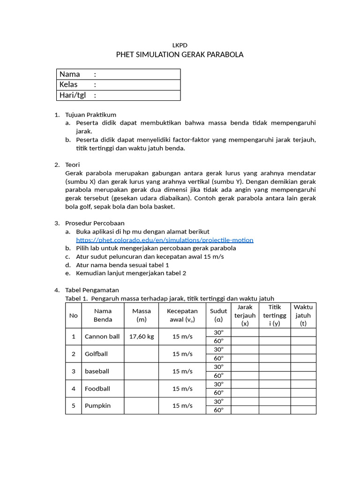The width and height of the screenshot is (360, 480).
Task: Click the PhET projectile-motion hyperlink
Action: (x=165, y=240)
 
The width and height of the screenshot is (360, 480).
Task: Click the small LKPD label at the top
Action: (x=180, y=45)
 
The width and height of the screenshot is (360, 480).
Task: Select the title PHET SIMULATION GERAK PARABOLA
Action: (x=180, y=55)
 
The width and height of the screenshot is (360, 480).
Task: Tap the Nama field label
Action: (x=69, y=74)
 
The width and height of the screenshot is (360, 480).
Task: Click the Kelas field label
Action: (x=68, y=85)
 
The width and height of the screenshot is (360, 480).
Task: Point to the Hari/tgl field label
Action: (x=72, y=95)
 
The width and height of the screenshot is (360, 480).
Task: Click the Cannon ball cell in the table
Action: (x=102, y=337)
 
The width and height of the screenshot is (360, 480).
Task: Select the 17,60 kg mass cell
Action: (x=142, y=337)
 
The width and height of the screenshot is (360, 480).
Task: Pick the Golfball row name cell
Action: (x=96, y=354)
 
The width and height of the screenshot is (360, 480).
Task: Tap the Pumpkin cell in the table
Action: (x=97, y=405)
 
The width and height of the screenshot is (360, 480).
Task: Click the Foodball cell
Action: (x=97, y=389)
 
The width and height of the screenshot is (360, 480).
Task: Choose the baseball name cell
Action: (x=97, y=371)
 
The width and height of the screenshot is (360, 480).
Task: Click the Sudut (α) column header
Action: (x=218, y=315)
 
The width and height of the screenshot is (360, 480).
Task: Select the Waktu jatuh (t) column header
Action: (x=303, y=315)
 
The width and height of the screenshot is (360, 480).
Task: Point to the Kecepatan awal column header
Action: (x=182, y=315)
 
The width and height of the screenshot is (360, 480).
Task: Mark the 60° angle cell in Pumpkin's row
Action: (x=218, y=410)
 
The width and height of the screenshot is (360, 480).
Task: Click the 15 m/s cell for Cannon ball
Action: (x=182, y=337)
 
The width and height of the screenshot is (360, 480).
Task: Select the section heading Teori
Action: (x=73, y=165)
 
